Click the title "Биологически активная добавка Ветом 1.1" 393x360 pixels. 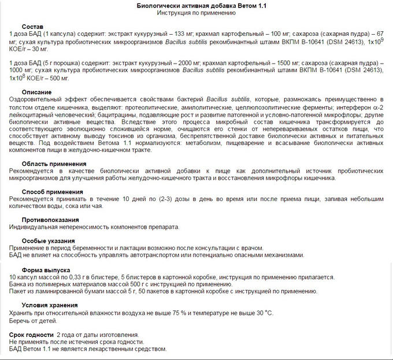click(x=196, y=5)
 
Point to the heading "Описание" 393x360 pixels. click(x=36, y=92)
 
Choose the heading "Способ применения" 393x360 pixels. click(x=51, y=191)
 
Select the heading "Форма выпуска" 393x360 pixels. click(x=46, y=269)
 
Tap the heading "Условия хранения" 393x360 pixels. click(x=51, y=305)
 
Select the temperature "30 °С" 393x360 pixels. click(x=262, y=313)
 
